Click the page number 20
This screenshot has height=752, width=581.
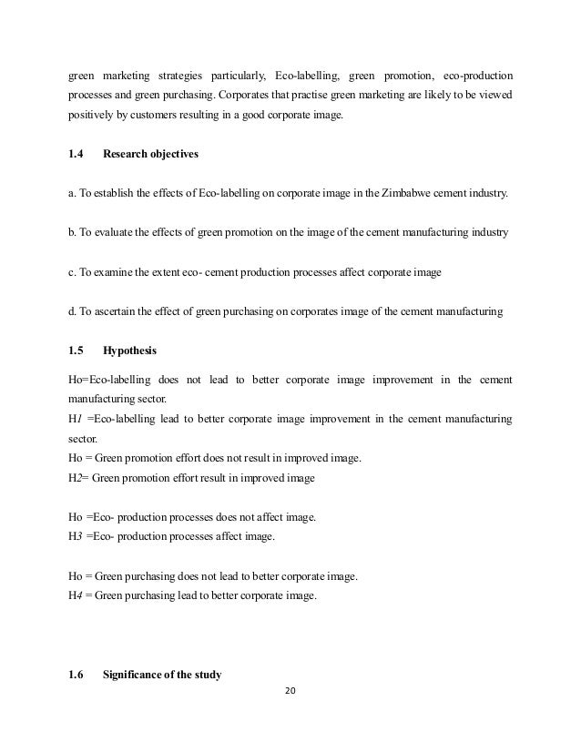tap(290, 689)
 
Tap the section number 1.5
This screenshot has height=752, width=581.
tap(76, 349)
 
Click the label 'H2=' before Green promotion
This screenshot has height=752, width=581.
tap(78, 476)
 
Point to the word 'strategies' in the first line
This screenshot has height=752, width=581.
tap(180, 74)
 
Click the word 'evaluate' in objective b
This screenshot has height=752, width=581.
tap(117, 232)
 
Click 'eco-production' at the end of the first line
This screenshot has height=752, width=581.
tap(477, 74)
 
